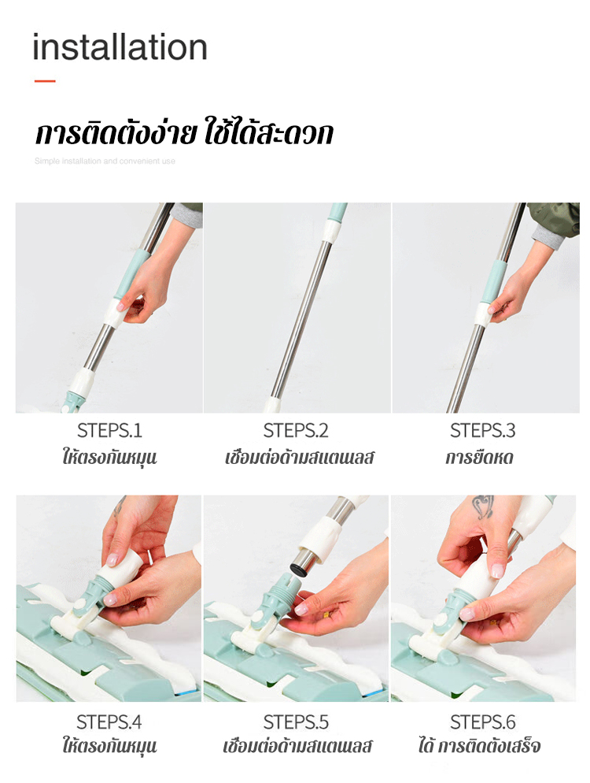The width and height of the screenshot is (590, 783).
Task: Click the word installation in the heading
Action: [x=120, y=47]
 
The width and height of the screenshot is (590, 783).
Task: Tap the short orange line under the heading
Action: [x=45, y=81]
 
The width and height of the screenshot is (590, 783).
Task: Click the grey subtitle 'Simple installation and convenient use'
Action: [x=105, y=161]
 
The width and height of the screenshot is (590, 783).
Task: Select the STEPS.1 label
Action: [x=109, y=430]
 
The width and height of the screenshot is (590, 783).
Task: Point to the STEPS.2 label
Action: [x=296, y=430]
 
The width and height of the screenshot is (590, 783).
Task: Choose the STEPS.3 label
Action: [x=483, y=430]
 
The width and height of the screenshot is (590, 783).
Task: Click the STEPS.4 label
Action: [x=109, y=722]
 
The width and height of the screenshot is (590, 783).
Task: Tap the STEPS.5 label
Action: [x=296, y=722]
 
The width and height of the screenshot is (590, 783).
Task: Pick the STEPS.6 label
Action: [x=483, y=722]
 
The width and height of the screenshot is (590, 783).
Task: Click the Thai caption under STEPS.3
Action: [x=479, y=458]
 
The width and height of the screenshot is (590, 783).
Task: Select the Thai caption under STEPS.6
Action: [x=479, y=746]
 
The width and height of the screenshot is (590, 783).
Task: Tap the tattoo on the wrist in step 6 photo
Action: [x=483, y=506]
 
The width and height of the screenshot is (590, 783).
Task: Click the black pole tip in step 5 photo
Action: [x=298, y=569]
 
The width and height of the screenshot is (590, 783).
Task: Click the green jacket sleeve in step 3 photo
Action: [x=555, y=217]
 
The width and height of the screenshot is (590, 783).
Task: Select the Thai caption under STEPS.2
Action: [x=299, y=458]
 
